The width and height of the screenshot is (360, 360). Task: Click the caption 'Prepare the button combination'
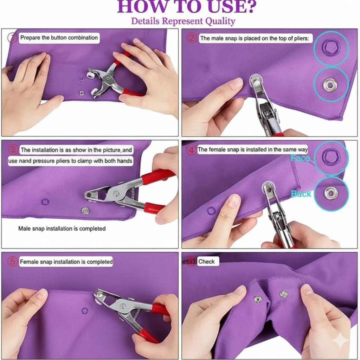[x=59, y=38]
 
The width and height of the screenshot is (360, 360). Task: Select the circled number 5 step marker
[x=12, y=262]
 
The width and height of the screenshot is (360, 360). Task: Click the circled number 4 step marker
[x=191, y=150]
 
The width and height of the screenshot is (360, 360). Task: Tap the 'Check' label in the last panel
[x=206, y=262]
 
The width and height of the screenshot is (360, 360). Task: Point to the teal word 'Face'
[x=300, y=158]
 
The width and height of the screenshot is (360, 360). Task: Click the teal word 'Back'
[x=301, y=194]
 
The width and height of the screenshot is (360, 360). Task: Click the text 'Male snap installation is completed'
[x=62, y=229]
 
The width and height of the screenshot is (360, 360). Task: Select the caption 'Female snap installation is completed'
[x=66, y=262]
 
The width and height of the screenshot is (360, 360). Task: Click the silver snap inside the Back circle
[x=330, y=193]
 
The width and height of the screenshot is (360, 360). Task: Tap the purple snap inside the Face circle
[x=331, y=157]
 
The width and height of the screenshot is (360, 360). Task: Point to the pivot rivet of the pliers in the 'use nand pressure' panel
[x=116, y=193]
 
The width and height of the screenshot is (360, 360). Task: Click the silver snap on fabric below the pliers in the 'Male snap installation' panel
[x=86, y=211]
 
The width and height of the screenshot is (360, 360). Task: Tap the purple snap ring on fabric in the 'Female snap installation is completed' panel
[x=85, y=311]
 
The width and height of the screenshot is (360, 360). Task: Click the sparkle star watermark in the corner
[x=340, y=341]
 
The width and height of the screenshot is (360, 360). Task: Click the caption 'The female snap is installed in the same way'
[x=252, y=150]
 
